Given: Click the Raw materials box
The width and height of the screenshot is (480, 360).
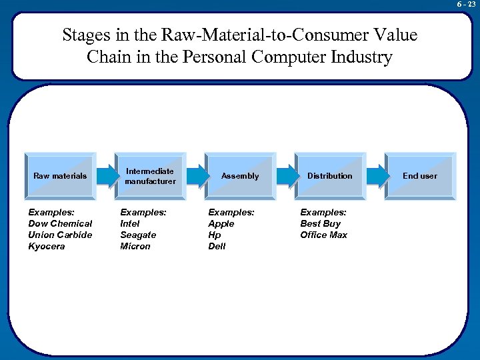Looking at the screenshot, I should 60,176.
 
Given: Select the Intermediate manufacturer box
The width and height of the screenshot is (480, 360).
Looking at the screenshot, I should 150,176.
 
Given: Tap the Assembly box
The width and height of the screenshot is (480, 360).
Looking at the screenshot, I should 240,176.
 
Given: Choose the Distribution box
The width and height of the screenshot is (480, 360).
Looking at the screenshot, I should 329,176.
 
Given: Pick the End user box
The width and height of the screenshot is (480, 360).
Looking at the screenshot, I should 419,176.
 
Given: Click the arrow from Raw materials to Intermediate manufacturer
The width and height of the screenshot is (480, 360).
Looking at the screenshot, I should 105,175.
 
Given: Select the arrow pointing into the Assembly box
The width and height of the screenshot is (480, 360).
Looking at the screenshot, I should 195,175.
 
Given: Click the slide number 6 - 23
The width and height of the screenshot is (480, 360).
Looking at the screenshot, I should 466,4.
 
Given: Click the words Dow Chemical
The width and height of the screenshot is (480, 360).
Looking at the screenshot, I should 60,223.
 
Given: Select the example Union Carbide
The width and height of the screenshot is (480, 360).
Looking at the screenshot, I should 60,235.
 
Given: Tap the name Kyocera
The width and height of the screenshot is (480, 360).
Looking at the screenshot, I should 47,246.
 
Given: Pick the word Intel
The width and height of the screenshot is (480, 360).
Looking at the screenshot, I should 130,223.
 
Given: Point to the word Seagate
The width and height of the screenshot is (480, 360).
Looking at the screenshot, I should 138,235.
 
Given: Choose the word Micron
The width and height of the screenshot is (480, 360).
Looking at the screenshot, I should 135,246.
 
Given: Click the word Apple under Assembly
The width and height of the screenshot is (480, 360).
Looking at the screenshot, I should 221,223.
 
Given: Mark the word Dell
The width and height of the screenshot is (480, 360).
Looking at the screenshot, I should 217,246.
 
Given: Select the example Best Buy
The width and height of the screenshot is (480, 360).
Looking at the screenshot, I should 320,223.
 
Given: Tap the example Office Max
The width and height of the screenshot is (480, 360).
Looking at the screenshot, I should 323,235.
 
